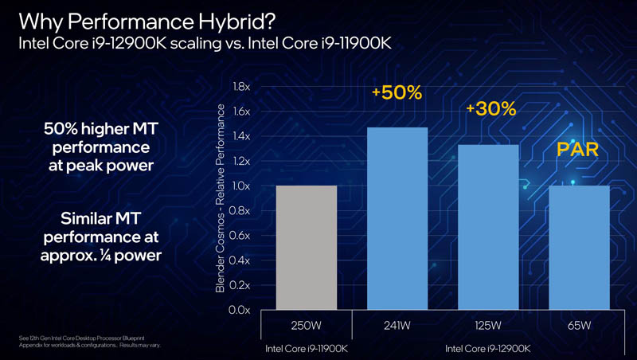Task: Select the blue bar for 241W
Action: click(x=397, y=218)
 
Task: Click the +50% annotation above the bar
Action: click(x=397, y=92)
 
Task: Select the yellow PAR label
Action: click(x=577, y=149)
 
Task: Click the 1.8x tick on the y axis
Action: click(x=240, y=87)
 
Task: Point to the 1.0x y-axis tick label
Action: click(x=240, y=186)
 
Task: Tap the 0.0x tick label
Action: click(x=240, y=310)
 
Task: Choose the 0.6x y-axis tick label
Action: click(x=240, y=236)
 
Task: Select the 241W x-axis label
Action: click(x=397, y=326)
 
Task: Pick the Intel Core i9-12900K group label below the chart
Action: click(x=488, y=348)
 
